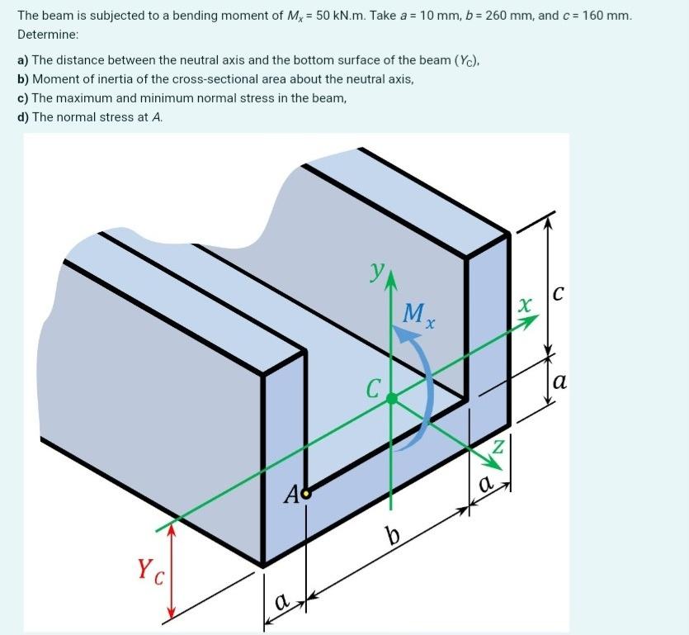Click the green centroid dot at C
pyautogui.click(x=392, y=398)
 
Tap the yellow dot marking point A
pyautogui.click(x=307, y=494)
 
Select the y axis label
pyautogui.click(x=377, y=270)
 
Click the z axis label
pyautogui.click(x=498, y=447)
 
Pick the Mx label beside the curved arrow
pyautogui.click(x=418, y=315)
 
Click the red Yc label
pyautogui.click(x=149, y=569)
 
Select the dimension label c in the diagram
pyautogui.click(x=559, y=292)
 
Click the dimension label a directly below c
pyautogui.click(x=559, y=381)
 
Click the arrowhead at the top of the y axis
pyautogui.click(x=391, y=282)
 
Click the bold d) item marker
pyautogui.click(x=23, y=117)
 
